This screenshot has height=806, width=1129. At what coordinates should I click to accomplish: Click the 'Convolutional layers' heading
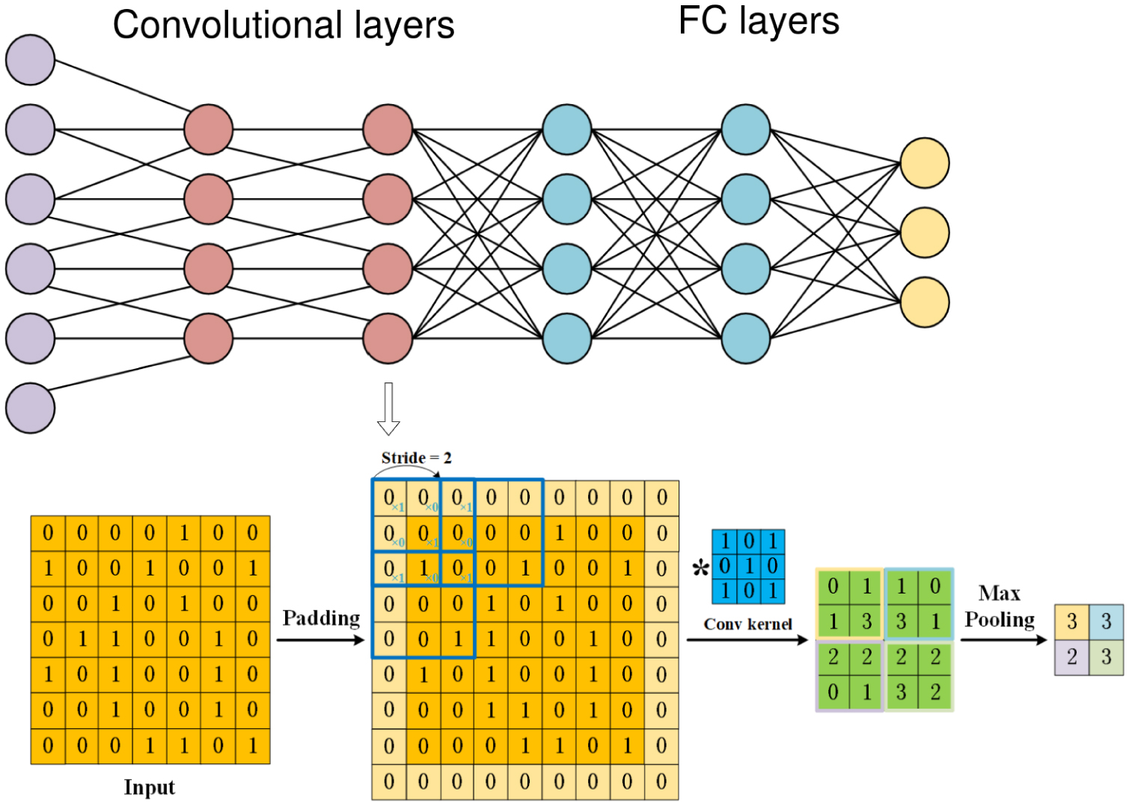coord(283,25)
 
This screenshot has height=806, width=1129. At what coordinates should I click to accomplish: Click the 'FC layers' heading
coord(758,21)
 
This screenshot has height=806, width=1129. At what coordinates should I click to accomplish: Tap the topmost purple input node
coord(31,60)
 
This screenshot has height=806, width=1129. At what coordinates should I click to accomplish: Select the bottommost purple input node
coord(31,408)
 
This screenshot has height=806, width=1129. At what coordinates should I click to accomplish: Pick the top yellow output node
coord(925,163)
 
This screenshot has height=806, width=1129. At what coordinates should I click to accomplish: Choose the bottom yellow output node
coord(925,302)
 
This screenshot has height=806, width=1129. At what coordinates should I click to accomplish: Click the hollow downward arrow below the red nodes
coord(388,409)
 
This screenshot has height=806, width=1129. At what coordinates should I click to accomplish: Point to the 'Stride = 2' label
coord(416,457)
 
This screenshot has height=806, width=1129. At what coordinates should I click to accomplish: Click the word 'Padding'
coord(321,618)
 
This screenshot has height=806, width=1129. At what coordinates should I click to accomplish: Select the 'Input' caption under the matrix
coord(149,787)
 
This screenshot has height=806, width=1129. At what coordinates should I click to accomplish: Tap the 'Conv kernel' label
coord(747,624)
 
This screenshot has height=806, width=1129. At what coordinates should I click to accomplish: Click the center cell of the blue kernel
coord(748,567)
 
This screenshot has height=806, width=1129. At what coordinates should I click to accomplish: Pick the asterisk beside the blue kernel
coord(700,569)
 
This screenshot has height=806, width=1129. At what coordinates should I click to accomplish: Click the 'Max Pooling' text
coord(1000,606)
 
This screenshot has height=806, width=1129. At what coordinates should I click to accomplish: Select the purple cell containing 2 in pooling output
coord(1071,657)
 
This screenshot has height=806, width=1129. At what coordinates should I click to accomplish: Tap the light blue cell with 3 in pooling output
coord(1106,622)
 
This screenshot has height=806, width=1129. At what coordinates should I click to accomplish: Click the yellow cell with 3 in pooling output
coord(1071,622)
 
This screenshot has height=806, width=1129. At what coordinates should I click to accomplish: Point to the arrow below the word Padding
coord(320,640)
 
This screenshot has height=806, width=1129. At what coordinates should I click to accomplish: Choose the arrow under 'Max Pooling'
coord(1003,640)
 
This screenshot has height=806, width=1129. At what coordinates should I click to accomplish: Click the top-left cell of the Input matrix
coord(48,533)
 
